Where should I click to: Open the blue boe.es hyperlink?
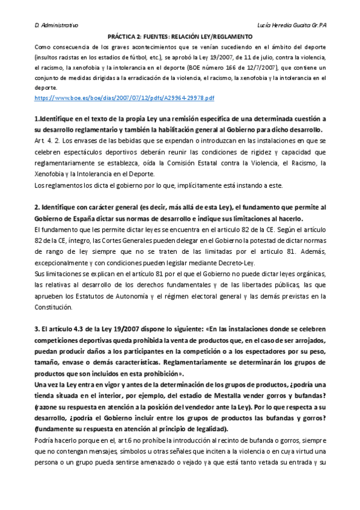[125, 97]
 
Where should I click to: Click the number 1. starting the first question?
[38, 119]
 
